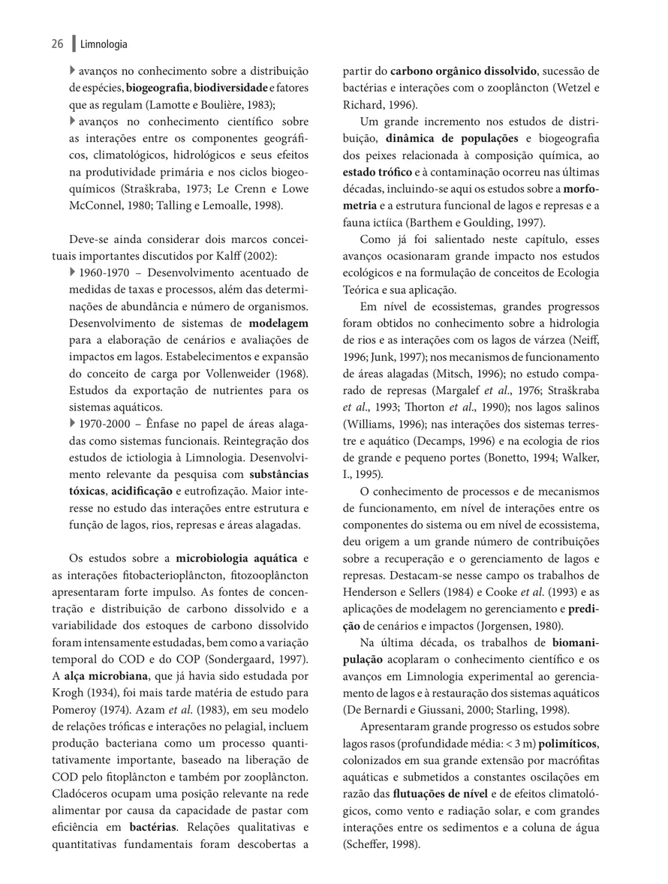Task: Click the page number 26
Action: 57,44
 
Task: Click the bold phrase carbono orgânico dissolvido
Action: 463,71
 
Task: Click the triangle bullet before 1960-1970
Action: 73,272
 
